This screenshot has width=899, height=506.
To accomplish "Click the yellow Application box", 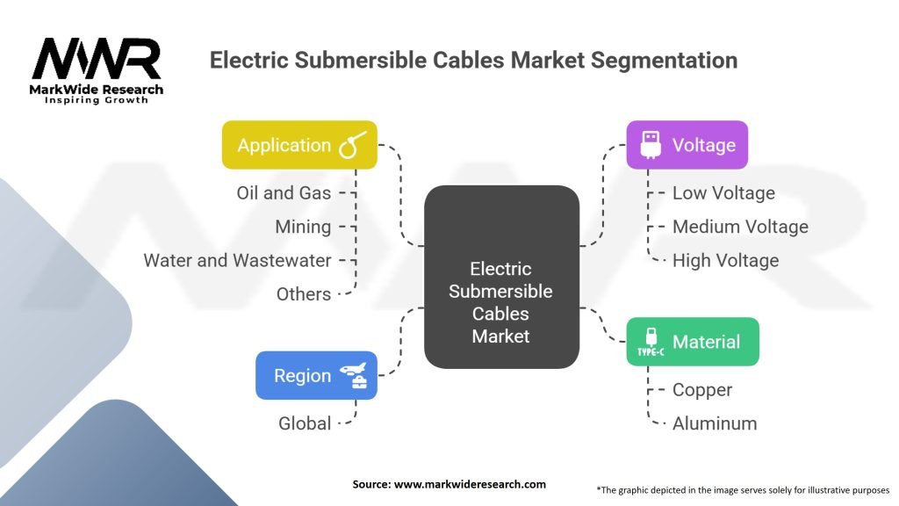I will [x=299, y=145].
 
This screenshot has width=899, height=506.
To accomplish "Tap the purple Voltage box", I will [x=687, y=145].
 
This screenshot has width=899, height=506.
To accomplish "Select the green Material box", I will [x=693, y=342].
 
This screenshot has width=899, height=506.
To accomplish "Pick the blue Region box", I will [x=316, y=375].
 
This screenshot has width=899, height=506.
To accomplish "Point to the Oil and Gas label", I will [x=284, y=192].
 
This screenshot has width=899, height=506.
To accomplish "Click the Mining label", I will [x=303, y=227].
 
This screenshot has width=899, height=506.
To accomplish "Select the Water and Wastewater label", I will [x=238, y=260].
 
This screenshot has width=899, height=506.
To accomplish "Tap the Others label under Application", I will [x=304, y=293].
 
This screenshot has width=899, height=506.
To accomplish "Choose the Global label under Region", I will [x=305, y=423].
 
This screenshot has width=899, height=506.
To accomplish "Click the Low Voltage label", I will [x=723, y=192].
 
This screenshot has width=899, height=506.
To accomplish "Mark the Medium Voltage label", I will [x=740, y=227].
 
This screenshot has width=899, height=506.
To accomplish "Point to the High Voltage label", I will [x=725, y=260].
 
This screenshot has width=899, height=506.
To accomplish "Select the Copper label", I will [x=702, y=389].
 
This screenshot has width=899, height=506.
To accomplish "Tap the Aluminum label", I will [x=715, y=423].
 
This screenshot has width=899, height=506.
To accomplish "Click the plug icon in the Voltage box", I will [x=651, y=145].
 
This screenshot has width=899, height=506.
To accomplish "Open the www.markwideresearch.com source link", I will [x=471, y=484].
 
